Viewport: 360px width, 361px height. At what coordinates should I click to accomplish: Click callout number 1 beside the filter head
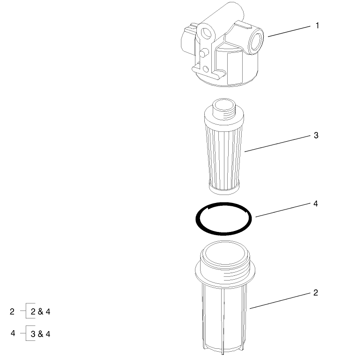click(x=317, y=25)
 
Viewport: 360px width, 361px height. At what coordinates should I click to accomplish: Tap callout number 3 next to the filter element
click(x=316, y=136)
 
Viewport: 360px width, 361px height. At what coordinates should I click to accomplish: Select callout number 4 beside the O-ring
click(x=316, y=204)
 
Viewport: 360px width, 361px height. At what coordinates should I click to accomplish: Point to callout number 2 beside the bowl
click(x=316, y=293)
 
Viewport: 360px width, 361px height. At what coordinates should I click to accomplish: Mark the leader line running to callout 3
click(x=278, y=144)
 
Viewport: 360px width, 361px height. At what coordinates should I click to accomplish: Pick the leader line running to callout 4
click(x=283, y=210)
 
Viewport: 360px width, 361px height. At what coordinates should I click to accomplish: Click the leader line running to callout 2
click(x=281, y=301)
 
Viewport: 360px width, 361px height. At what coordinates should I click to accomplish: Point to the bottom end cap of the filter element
click(x=224, y=188)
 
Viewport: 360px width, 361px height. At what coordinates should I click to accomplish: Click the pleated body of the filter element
click(x=223, y=150)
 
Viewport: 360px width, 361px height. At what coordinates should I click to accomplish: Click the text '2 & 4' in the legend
click(x=40, y=311)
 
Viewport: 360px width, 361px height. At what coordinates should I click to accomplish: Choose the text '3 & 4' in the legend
click(x=41, y=334)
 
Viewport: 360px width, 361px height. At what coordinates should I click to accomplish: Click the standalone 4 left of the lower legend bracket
click(x=13, y=333)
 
